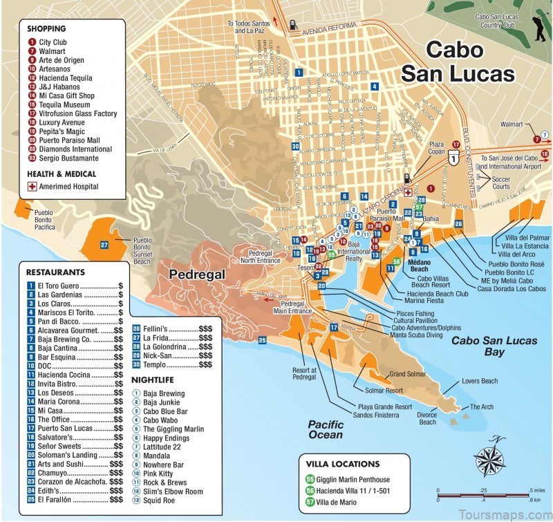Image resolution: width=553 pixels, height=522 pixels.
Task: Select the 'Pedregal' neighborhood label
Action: [198, 274]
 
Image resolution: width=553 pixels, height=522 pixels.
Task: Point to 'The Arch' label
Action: [482, 407]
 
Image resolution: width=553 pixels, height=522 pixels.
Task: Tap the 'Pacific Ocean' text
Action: [326, 430]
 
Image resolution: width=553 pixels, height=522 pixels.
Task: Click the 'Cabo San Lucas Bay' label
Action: [484, 346]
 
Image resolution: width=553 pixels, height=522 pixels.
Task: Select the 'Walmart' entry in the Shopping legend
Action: [53, 50]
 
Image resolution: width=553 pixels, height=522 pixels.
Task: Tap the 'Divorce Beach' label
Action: [427, 418]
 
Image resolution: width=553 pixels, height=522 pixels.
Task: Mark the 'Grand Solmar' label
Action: [406, 374]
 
